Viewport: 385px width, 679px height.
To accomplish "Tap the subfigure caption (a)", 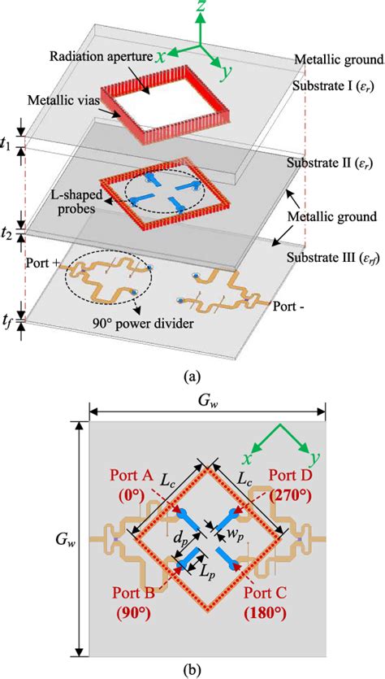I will click(x=192, y=375).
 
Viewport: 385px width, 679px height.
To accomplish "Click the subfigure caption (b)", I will click(x=192, y=670).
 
